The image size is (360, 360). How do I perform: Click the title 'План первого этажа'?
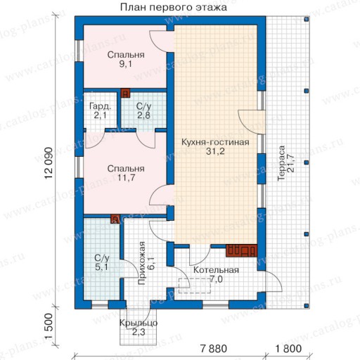tap(174, 7)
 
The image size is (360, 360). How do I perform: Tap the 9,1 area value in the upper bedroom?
tap(126, 64)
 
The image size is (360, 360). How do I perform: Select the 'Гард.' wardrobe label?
tap(100, 107)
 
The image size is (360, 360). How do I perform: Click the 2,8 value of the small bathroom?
tap(143, 115)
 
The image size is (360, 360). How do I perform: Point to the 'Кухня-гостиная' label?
tap(215, 142)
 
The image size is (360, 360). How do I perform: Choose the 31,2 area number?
tap(215, 151)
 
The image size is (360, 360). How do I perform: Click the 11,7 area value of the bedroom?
tap(126, 178)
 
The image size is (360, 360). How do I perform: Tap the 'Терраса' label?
tap(281, 163)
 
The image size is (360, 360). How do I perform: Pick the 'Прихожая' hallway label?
tap(141, 263)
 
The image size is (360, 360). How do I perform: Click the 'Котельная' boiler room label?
tap(216, 270)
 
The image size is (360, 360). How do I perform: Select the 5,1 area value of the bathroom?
tap(102, 267)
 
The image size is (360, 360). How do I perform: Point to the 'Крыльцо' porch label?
tap(139, 323)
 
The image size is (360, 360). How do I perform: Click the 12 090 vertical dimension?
tap(49, 163)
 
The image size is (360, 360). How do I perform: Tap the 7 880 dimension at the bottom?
tap(214, 349)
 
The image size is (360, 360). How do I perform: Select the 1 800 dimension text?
tap(288, 349)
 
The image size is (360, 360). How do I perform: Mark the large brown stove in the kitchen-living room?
tap(241, 251)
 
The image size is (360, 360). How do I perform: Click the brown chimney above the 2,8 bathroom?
tap(125, 94)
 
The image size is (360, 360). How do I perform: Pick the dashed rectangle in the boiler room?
tap(195, 285)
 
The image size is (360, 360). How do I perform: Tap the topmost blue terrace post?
tap(307, 19)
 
